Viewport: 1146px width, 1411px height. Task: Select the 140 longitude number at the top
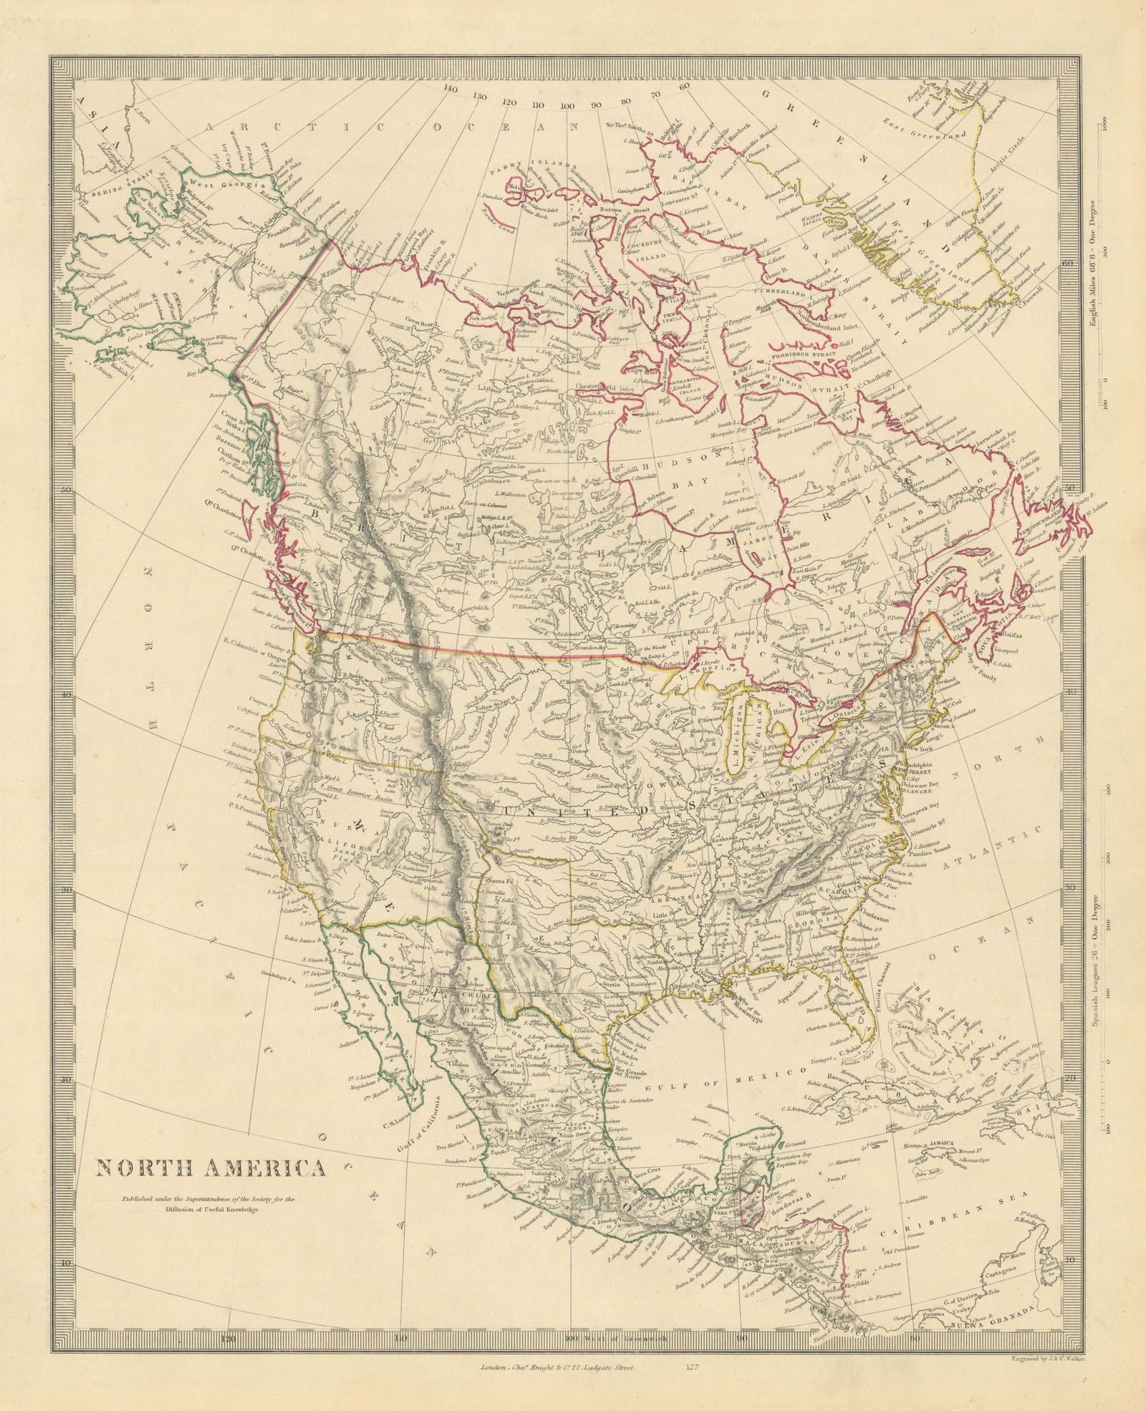(x=450, y=90)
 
